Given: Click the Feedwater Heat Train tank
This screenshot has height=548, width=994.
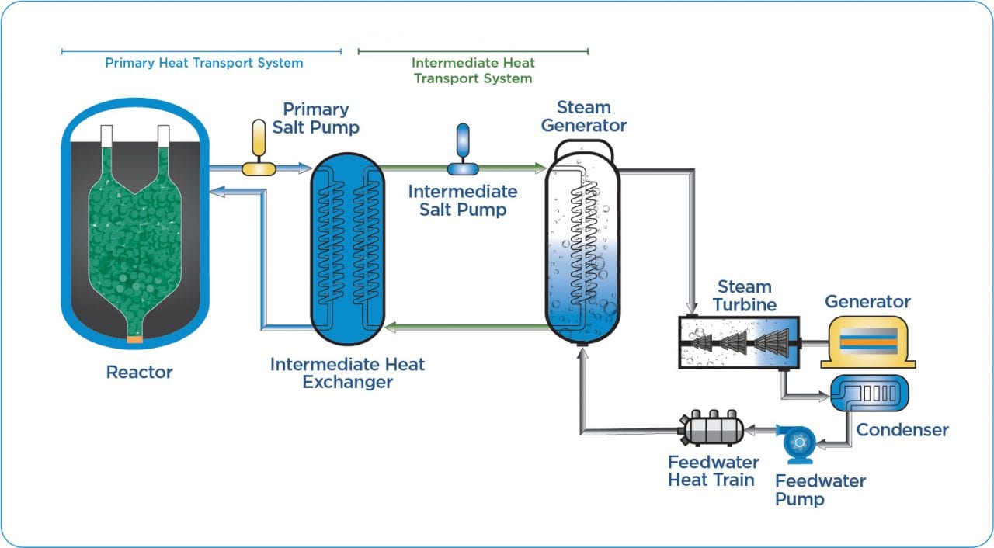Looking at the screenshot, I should [x=711, y=428].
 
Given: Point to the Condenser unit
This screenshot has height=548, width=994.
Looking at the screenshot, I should [x=869, y=393].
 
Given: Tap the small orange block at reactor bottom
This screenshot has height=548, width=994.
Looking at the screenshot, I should [x=135, y=338].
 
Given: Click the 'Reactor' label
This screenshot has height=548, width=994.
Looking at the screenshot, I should [x=139, y=373].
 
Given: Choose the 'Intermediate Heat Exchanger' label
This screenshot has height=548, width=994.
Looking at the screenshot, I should [x=347, y=373].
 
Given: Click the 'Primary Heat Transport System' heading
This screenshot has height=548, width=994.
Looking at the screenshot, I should [x=203, y=63].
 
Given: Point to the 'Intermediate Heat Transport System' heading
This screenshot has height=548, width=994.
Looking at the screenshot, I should [x=473, y=71].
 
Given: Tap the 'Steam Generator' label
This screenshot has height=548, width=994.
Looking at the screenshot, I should [x=583, y=116].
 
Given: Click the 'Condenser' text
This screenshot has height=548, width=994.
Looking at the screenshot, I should [x=902, y=429].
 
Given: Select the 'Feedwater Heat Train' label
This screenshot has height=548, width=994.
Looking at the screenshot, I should [x=713, y=471].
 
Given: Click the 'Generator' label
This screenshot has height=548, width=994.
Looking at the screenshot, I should [x=867, y=301].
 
